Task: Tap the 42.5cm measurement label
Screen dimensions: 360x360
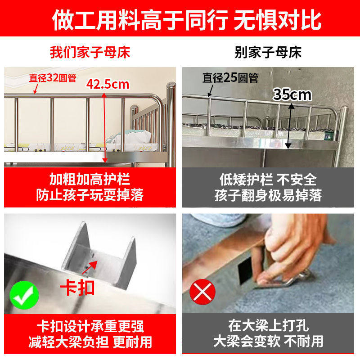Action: (x=108, y=84)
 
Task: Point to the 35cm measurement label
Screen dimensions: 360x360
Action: (x=292, y=94)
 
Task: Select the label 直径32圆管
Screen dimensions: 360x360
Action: (x=53, y=77)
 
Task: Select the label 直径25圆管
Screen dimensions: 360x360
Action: (x=230, y=78)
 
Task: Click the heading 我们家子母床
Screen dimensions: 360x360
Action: (x=90, y=52)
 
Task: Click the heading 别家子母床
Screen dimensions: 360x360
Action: (x=268, y=52)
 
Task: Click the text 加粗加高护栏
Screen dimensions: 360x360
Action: (x=90, y=180)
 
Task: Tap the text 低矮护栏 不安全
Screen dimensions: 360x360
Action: (x=268, y=180)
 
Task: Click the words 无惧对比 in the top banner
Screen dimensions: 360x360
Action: (x=278, y=20)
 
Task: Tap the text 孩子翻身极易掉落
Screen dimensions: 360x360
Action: (x=268, y=196)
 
